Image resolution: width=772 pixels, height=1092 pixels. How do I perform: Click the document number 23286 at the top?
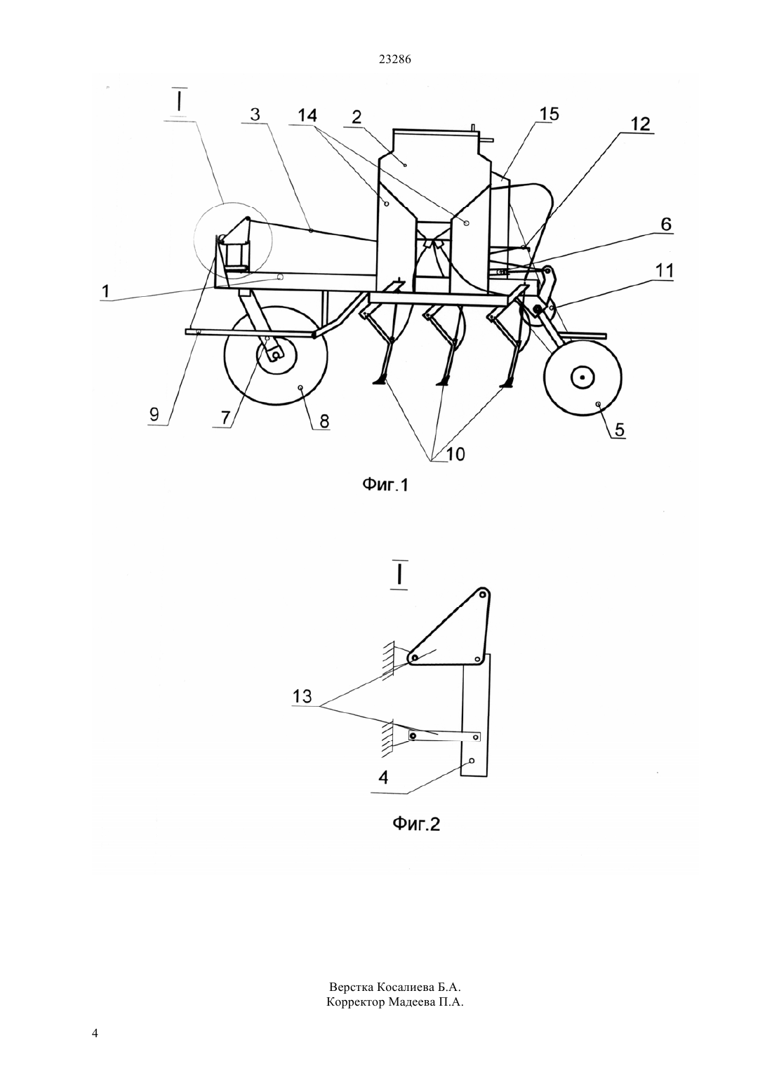[x=394, y=60]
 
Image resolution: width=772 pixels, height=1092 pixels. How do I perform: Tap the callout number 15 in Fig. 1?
[x=549, y=114]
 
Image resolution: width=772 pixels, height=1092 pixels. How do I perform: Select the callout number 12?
[x=640, y=124]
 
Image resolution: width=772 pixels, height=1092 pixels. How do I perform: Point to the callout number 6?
[x=666, y=225]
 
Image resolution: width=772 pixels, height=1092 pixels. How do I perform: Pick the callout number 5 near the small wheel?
[x=619, y=430]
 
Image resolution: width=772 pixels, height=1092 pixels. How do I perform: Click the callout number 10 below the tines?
[x=455, y=454]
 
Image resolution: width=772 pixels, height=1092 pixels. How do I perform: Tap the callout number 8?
[x=324, y=420]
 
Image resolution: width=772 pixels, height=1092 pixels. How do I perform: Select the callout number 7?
[x=225, y=418]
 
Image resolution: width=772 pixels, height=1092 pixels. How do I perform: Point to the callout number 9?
[x=154, y=414]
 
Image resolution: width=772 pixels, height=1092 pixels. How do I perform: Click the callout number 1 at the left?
[x=106, y=291]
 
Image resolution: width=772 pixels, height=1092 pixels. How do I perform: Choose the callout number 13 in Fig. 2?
[x=302, y=696]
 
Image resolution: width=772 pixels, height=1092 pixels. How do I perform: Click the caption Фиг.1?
[x=385, y=484]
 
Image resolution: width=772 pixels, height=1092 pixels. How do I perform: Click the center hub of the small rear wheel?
[x=583, y=377]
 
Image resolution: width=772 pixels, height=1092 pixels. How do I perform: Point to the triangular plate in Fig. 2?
[x=458, y=629]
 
